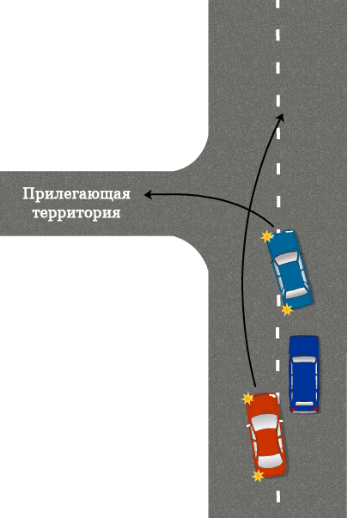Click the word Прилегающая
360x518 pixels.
(x=76, y=194)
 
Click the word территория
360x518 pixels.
(x=76, y=212)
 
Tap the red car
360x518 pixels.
(x=265, y=435)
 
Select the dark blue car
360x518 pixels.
(x=304, y=374)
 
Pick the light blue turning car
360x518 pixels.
(x=290, y=269)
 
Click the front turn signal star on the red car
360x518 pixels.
(x=247, y=399)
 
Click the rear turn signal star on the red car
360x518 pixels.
(x=258, y=476)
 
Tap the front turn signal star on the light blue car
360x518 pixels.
(x=267, y=236)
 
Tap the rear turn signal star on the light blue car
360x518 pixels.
(x=287, y=309)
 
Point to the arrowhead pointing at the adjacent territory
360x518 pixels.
(x=148, y=195)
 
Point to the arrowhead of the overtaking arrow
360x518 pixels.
(x=281, y=118)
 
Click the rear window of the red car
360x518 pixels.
(x=270, y=460)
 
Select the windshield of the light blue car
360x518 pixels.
(x=286, y=258)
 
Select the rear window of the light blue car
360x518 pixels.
(x=296, y=293)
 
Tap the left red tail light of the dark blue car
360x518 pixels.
(x=293, y=409)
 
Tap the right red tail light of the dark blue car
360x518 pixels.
(x=315, y=409)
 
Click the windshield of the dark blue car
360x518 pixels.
(x=304, y=359)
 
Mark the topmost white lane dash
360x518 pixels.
(x=278, y=3)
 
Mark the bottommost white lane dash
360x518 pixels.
(x=278, y=497)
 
